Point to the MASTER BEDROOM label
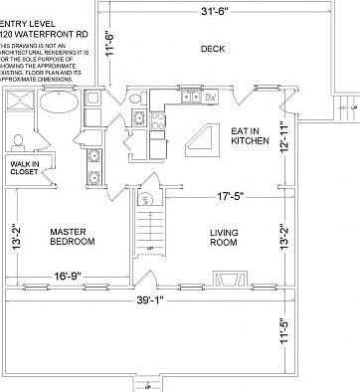click(72, 237)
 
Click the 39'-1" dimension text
click(159, 299)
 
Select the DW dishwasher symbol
click(210, 98)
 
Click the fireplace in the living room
click(230, 279)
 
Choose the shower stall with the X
click(17, 102)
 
